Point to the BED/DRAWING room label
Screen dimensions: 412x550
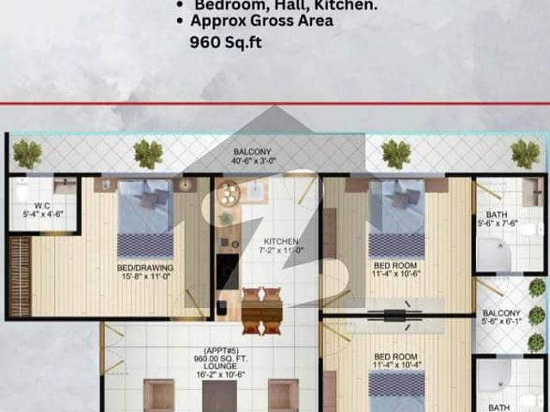click(145, 272)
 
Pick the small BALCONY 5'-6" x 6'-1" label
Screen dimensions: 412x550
click(501, 318)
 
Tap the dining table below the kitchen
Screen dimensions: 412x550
click(262, 313)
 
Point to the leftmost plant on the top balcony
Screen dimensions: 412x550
click(27, 154)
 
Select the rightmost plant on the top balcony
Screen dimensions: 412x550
click(525, 154)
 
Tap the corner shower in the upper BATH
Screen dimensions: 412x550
click(493, 255)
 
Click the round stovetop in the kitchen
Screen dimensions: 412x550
click(229, 197)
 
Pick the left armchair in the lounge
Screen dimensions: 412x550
click(159, 396)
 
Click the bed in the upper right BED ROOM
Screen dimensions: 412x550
click(397, 219)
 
